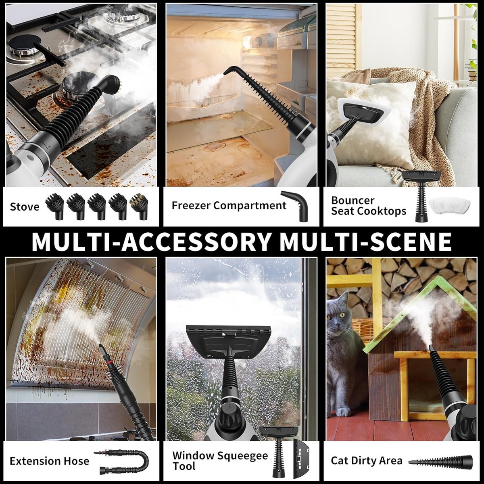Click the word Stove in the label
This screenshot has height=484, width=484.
pos(25,207)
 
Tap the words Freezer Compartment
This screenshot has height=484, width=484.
pos(229,205)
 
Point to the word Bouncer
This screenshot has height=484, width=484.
pos(353,200)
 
